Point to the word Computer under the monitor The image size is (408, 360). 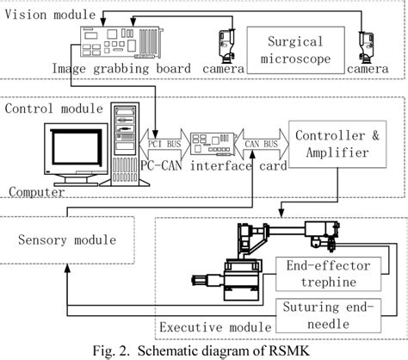pos(34,191)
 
